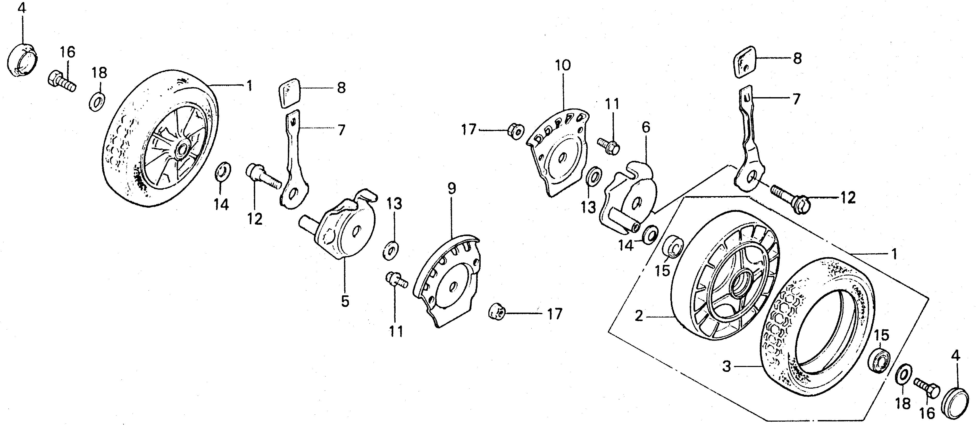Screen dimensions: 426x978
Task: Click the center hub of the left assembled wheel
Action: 183,148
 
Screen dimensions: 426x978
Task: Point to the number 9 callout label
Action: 452,188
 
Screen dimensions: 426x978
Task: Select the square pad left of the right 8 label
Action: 743,62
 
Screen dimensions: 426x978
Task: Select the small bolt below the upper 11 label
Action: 609,145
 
